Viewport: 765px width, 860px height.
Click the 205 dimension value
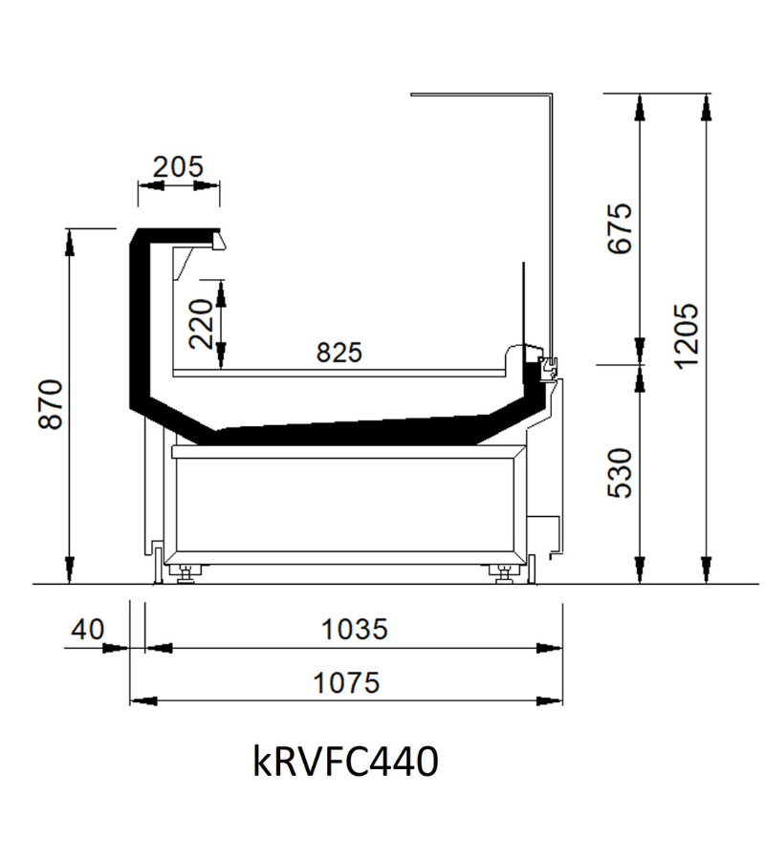tap(178, 166)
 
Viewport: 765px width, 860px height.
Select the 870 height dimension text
tap(51, 403)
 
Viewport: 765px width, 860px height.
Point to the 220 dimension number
tap(200, 324)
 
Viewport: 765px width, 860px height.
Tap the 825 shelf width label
tap(339, 353)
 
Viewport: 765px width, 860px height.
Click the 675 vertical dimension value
tap(620, 228)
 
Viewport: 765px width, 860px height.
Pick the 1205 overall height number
tap(686, 336)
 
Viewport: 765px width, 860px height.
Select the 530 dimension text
tap(620, 473)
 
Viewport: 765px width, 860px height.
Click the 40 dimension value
tap(87, 629)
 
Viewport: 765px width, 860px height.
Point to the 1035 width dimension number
tap(354, 629)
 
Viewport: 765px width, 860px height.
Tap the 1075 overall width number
tap(346, 683)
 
